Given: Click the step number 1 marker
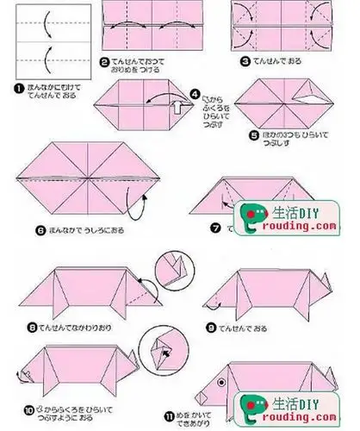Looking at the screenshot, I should (7, 86).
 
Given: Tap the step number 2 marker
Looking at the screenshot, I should (104, 62).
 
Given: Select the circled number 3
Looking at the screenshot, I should (245, 62).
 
